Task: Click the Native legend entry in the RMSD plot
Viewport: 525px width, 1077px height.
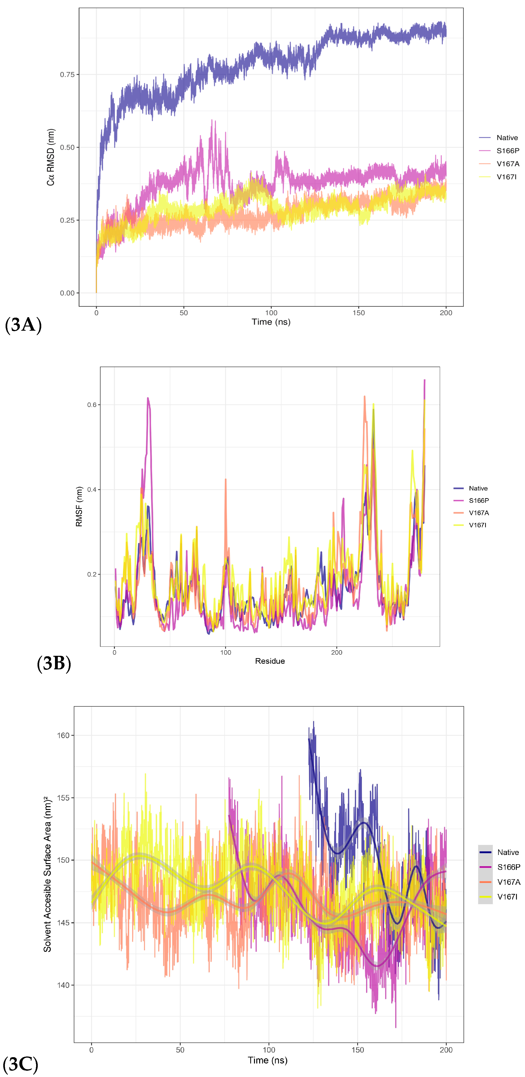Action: pyautogui.click(x=507, y=138)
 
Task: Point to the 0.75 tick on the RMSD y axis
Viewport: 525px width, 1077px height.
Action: pyautogui.click(x=67, y=74)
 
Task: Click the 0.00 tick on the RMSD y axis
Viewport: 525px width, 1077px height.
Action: pyautogui.click(x=67, y=293)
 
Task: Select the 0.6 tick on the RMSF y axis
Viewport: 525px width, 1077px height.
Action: pyautogui.click(x=92, y=405)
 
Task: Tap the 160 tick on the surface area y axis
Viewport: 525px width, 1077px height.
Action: pyautogui.click(x=63, y=735)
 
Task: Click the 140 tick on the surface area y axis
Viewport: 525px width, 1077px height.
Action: pyautogui.click(x=63, y=985)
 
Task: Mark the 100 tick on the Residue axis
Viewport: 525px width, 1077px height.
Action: pyautogui.click(x=226, y=653)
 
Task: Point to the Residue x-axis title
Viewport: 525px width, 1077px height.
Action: pyautogui.click(x=270, y=661)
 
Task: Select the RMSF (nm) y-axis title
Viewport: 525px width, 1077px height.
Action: pyautogui.click(x=79, y=506)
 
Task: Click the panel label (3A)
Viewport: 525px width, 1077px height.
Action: pyautogui.click(x=23, y=325)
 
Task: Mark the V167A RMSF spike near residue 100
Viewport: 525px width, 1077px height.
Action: pyautogui.click(x=226, y=480)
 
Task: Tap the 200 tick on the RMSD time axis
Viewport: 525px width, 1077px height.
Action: pyautogui.click(x=446, y=313)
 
